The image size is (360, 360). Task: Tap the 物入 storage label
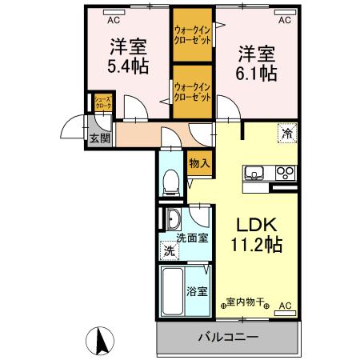tap(200, 163)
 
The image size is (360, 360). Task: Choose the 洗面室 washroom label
tap(192, 238)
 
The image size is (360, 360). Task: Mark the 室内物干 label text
tap(246, 302)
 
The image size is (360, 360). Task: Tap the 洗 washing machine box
tap(169, 251)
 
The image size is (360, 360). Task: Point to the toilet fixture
tap(170, 184)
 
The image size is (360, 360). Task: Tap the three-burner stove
tap(285, 171)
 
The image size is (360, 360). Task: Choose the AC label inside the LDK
tap(286, 305)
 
